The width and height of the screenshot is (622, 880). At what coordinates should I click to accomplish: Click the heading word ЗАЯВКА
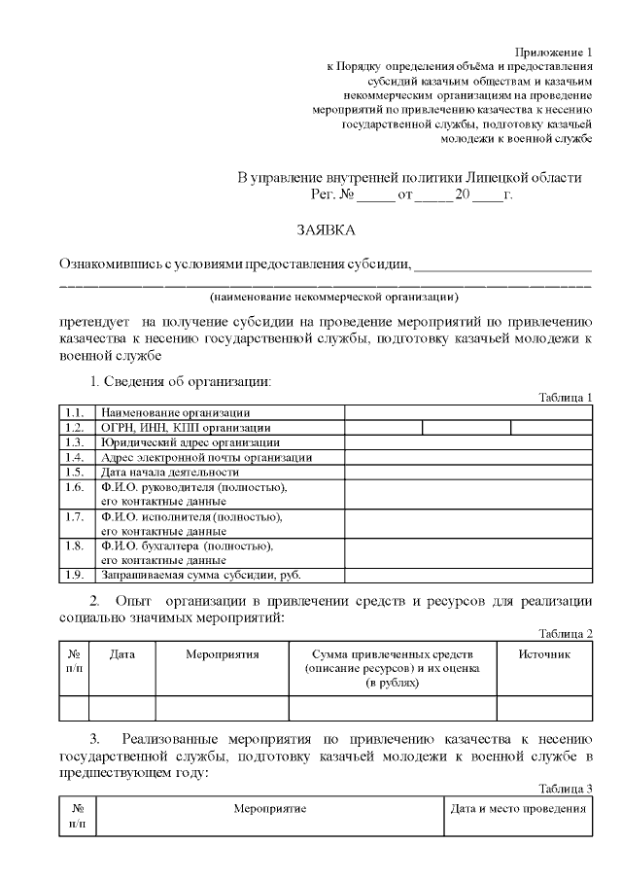point(326,230)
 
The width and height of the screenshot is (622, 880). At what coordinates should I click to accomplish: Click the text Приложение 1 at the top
point(553,52)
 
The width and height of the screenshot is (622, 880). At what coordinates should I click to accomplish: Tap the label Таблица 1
point(566,397)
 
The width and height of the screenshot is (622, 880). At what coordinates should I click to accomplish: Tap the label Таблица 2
point(566,634)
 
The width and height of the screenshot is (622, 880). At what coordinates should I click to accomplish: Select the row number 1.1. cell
point(75,413)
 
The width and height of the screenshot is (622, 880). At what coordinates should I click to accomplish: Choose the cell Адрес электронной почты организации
point(206,457)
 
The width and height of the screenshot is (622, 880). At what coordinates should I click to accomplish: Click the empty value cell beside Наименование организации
point(467,413)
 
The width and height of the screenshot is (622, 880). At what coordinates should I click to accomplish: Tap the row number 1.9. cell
point(75,575)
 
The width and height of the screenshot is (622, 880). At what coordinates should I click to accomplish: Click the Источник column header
point(544,654)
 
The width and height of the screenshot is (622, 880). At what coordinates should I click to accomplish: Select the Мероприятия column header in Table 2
point(222,654)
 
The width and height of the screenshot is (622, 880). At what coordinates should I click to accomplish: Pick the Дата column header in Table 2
point(121,654)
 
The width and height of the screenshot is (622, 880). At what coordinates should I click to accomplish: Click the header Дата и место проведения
point(518,809)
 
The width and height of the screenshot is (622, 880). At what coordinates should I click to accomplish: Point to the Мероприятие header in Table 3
point(269,809)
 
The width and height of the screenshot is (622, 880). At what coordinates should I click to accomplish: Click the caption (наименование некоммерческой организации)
point(335,296)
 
